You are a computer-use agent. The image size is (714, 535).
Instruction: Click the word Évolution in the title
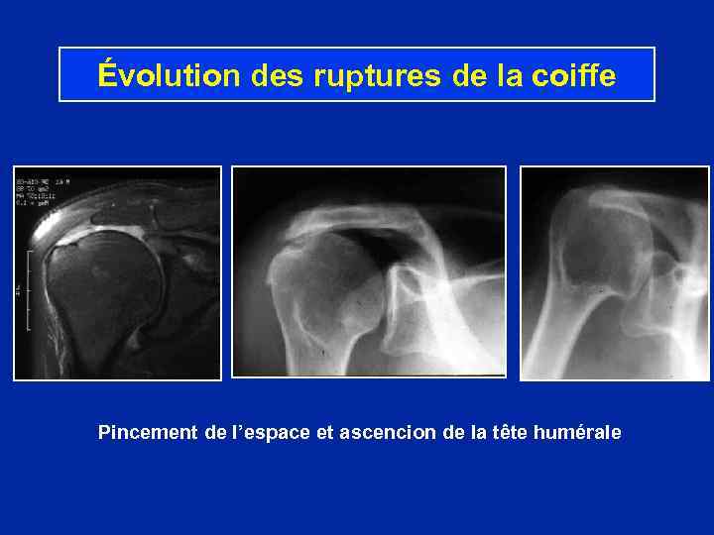pyautogui.click(x=170, y=75)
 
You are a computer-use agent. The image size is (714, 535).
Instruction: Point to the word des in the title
pyautogui.click(x=280, y=75)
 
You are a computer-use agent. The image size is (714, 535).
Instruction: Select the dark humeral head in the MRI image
pyautogui.click(x=94, y=297)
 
